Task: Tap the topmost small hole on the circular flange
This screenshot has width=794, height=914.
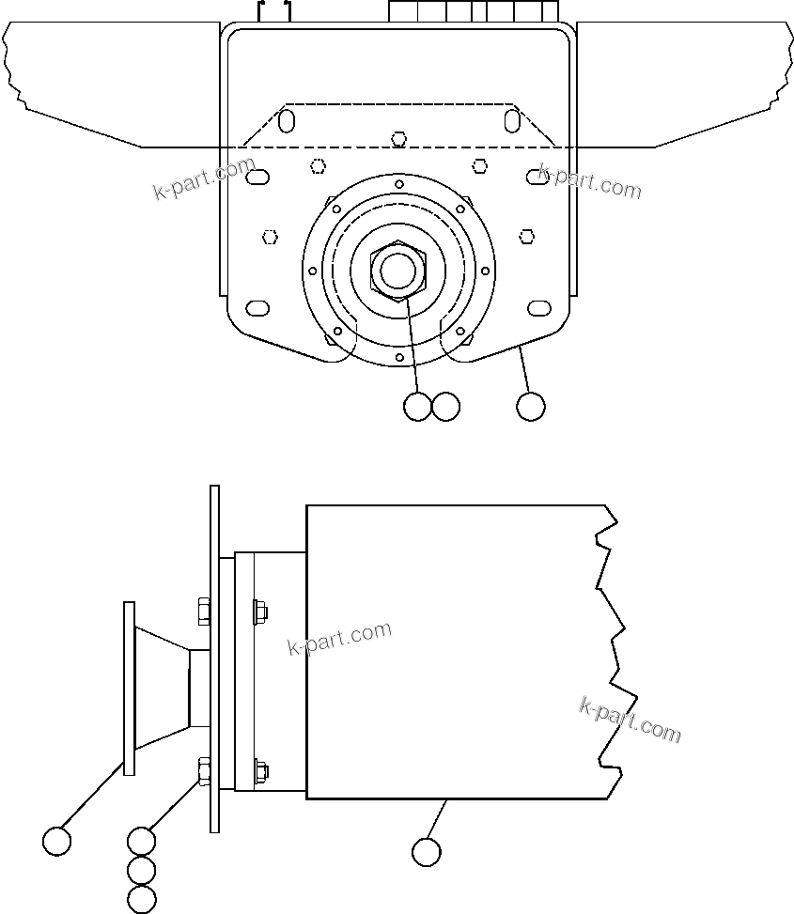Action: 399,183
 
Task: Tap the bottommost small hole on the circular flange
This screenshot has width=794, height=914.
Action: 399,358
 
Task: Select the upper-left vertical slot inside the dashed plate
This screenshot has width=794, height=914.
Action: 287,120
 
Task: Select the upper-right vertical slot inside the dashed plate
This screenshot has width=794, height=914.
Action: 511,120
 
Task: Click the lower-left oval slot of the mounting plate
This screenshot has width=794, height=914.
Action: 257,308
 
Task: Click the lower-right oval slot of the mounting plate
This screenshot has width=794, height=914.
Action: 539,308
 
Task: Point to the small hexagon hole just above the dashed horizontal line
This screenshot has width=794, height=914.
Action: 398,139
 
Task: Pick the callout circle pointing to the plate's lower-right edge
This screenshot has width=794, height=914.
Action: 531,407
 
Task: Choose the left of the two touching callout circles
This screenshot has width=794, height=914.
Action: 416,407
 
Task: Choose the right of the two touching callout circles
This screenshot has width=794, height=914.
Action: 445,407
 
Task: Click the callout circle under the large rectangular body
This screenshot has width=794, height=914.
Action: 426,851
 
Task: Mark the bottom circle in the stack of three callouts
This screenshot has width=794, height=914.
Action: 141,899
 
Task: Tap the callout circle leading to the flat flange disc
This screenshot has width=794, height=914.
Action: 57,841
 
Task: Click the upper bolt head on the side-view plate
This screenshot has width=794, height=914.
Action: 204,612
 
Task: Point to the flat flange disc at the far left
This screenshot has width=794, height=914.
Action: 129,689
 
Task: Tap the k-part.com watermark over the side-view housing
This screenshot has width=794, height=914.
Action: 339,640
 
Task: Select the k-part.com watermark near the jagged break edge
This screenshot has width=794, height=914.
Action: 631,720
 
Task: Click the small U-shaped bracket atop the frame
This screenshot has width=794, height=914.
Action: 275,12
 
